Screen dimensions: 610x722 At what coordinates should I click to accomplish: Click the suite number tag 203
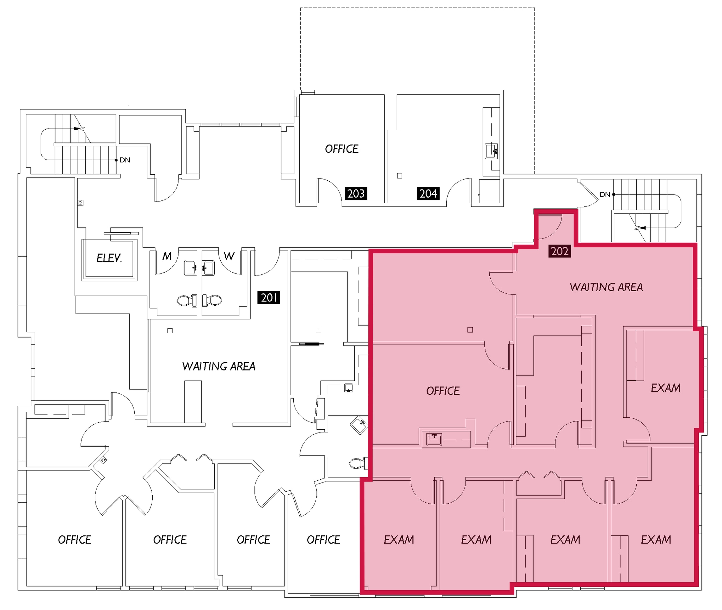[356, 193]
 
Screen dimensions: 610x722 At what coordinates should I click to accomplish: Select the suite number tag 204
[428, 193]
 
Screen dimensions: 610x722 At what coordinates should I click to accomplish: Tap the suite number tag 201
[269, 298]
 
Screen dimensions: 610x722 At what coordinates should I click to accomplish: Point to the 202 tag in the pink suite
[559, 251]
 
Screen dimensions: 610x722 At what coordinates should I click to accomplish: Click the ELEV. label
[109, 258]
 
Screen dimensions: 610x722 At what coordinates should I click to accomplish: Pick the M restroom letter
[167, 256]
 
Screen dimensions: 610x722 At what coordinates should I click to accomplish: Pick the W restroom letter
[229, 256]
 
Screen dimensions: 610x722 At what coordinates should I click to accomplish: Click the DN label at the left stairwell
[125, 160]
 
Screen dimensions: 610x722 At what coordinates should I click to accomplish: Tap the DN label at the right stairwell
[605, 194]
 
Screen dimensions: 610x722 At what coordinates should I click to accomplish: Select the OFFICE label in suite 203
[342, 149]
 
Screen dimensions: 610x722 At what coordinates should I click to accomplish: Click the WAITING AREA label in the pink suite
[606, 287]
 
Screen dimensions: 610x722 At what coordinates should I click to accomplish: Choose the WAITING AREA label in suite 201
[219, 366]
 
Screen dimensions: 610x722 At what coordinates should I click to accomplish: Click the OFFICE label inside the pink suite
[443, 391]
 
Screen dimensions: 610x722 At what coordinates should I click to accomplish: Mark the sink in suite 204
[491, 151]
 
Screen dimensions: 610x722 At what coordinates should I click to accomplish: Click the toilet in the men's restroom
[184, 300]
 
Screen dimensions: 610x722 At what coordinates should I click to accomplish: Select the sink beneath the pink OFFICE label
[434, 439]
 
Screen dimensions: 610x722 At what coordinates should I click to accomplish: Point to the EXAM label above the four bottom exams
[666, 388]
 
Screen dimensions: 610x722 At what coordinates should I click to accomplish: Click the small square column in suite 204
[399, 175]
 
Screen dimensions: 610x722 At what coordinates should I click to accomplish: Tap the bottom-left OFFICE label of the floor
[75, 540]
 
